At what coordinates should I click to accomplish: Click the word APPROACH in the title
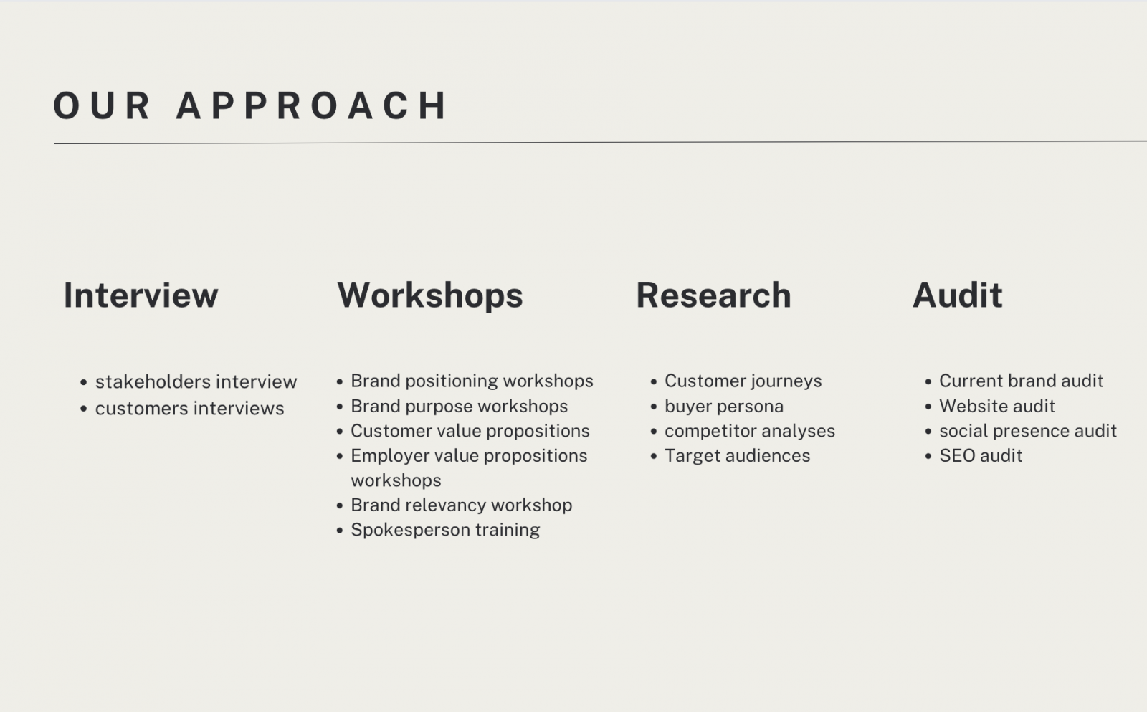click(312, 106)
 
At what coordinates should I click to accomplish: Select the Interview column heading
click(141, 295)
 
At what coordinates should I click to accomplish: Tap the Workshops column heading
click(430, 295)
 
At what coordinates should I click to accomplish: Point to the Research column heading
click(713, 295)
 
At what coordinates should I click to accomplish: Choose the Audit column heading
click(958, 295)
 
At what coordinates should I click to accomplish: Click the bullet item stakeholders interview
click(196, 381)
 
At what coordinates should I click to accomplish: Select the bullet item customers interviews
click(189, 408)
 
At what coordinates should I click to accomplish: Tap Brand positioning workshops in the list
click(472, 381)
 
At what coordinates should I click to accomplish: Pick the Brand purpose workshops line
click(460, 407)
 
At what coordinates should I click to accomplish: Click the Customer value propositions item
click(470, 431)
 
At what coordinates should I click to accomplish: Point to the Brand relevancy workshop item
click(462, 505)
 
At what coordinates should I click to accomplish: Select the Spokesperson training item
click(445, 530)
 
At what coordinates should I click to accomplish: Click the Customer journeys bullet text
click(743, 381)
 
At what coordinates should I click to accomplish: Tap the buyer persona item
click(724, 407)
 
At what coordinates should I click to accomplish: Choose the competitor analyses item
click(750, 431)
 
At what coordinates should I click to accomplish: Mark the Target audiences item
click(738, 455)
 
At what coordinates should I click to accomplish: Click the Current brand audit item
click(1021, 381)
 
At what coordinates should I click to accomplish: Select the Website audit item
click(997, 406)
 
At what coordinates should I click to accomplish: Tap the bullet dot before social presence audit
click(928, 432)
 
